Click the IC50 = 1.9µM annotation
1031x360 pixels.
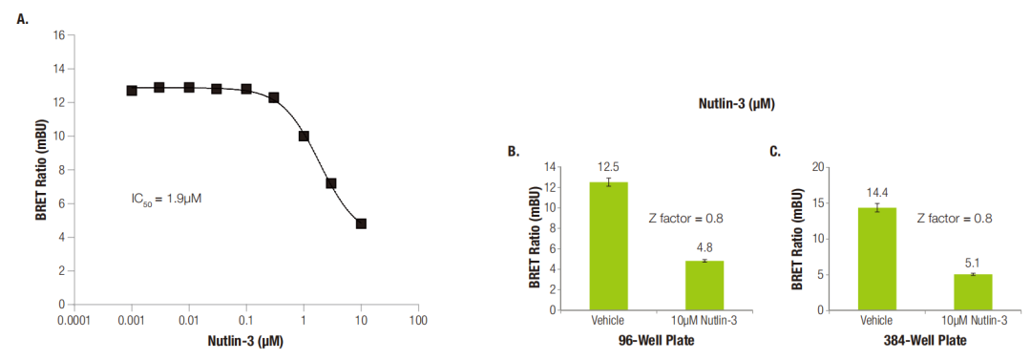[x=166, y=198]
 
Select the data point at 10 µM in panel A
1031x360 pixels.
[x=361, y=223]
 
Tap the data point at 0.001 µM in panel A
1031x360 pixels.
[x=132, y=90]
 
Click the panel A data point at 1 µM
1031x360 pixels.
[x=304, y=137]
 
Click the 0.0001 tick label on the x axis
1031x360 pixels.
[x=74, y=321]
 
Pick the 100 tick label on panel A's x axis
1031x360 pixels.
[x=418, y=321]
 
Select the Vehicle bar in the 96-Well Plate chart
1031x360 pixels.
[x=608, y=246]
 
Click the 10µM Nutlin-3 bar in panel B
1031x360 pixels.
[x=705, y=286]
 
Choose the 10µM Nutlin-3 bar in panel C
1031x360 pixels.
[x=973, y=292]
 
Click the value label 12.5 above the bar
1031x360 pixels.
[x=608, y=167]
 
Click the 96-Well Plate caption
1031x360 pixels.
[x=657, y=341]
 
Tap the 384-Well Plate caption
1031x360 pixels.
[x=924, y=341]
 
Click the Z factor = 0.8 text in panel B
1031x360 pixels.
[x=685, y=219]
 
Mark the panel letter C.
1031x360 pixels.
[x=774, y=152]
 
